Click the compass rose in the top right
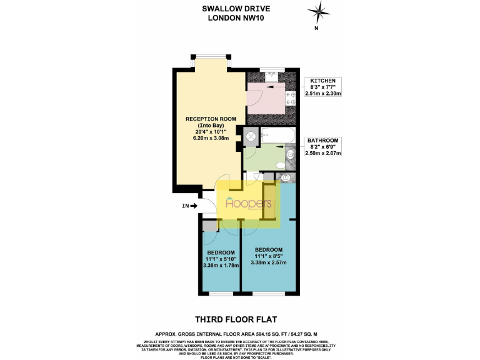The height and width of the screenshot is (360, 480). pyautogui.click(x=319, y=12)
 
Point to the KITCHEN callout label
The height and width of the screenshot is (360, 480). pyautogui.click(x=322, y=81)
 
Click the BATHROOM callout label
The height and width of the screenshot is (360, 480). pyautogui.click(x=323, y=140)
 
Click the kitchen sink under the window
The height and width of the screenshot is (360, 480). pyautogui.click(x=271, y=76)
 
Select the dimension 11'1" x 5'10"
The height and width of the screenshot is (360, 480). pyautogui.click(x=219, y=259)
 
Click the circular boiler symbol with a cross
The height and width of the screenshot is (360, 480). pyautogui.click(x=251, y=136)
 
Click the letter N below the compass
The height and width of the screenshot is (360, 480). pyautogui.click(x=317, y=28)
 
